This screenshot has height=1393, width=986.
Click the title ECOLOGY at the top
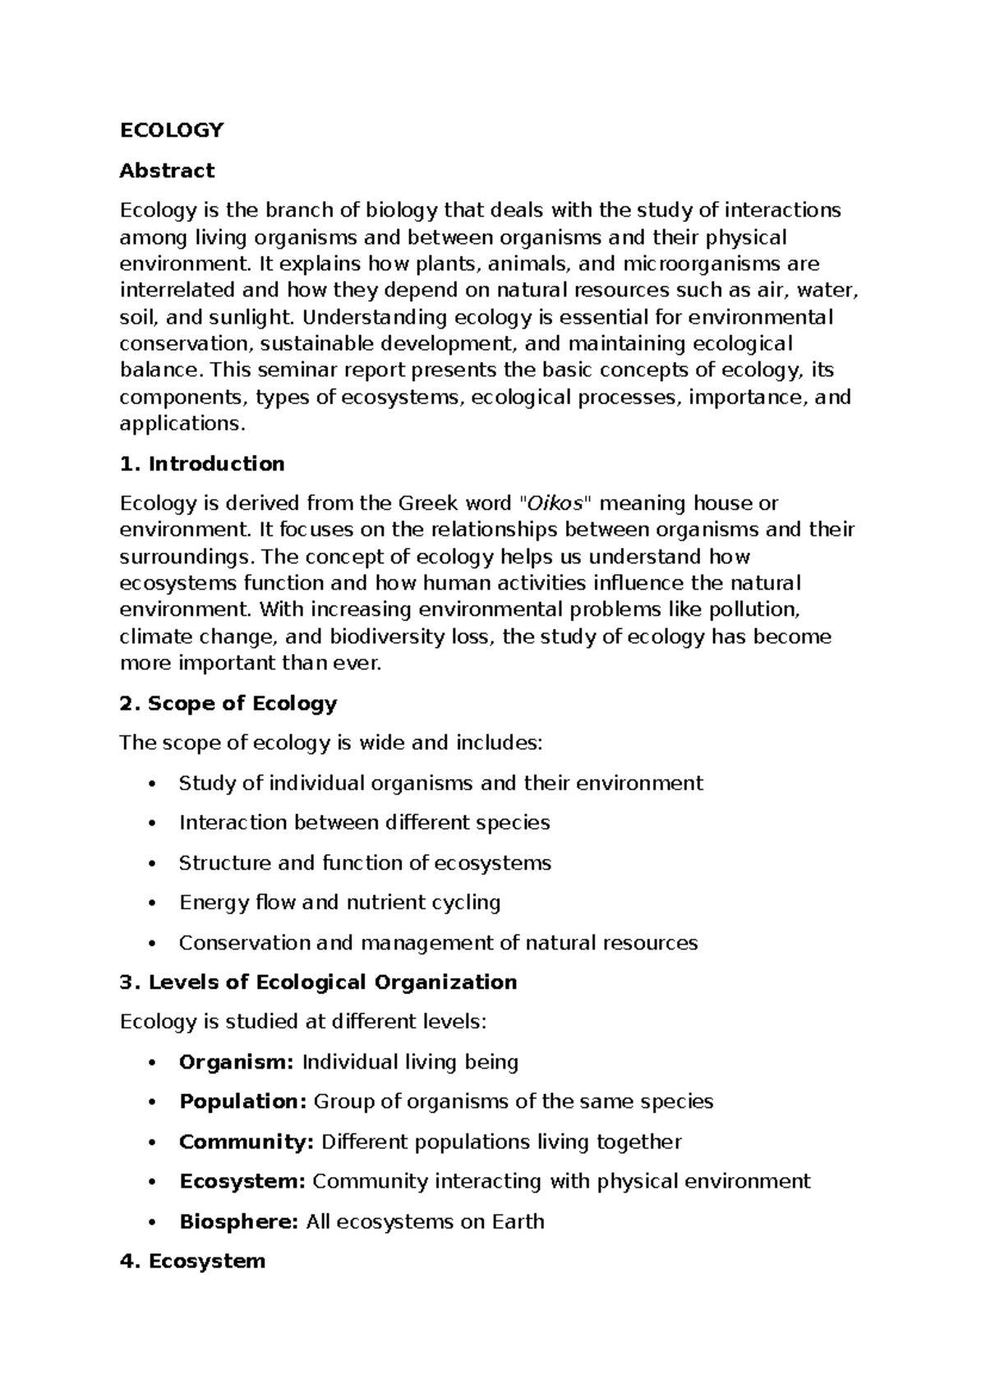click(171, 130)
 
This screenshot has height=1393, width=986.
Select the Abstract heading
click(167, 170)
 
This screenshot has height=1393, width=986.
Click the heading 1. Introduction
click(202, 463)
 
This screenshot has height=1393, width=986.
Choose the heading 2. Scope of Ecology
click(228, 703)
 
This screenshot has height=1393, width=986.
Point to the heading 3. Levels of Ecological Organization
click(318, 982)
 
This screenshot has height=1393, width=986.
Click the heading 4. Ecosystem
click(192, 1261)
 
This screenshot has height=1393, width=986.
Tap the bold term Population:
click(242, 1101)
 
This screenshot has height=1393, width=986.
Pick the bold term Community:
click(246, 1142)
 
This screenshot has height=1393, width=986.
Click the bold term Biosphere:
click(238, 1221)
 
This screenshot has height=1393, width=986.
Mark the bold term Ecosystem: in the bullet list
click(242, 1181)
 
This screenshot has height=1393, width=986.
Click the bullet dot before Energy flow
click(150, 903)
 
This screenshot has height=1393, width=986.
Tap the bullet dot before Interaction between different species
click(150, 824)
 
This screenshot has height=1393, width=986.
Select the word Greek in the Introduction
click(424, 503)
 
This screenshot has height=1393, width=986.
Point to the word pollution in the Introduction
click(753, 609)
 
